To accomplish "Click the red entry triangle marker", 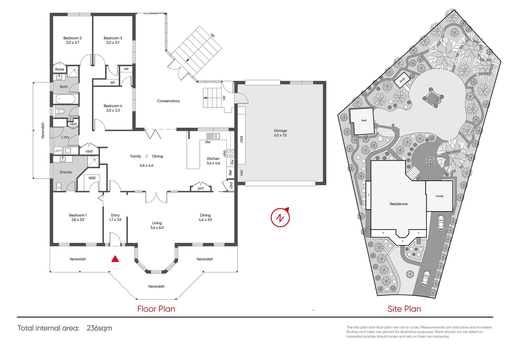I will pyautogui.click(x=115, y=259).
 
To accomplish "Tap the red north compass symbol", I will pyautogui.click(x=280, y=217).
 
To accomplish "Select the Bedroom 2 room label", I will pyautogui.click(x=72, y=38).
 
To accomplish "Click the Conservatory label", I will pyautogui.click(x=168, y=101).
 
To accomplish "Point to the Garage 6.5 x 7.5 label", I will pyautogui.click(x=280, y=133).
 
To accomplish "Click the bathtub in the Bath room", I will pyautogui.click(x=65, y=99).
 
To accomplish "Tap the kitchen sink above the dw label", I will pyautogui.click(x=213, y=136).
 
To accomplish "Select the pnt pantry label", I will pyautogui.click(x=201, y=188).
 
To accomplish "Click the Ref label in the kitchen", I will pyautogui.click(x=230, y=173).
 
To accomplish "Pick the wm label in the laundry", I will pyautogui.click(x=58, y=151).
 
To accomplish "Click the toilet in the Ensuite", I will pyautogui.click(x=59, y=185).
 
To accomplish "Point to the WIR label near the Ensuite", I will pyautogui.click(x=92, y=178).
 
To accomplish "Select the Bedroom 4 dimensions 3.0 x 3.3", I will pyautogui.click(x=113, y=110).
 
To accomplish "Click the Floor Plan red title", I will pyautogui.click(x=156, y=309).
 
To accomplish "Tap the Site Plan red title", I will pyautogui.click(x=404, y=309).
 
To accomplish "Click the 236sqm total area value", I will pyautogui.click(x=99, y=328).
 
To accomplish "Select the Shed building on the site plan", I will pyautogui.click(x=362, y=121).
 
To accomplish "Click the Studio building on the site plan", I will pyautogui.click(x=402, y=80).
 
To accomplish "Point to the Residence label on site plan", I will pyautogui.click(x=398, y=204).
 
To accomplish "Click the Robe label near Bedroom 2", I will pyautogui.click(x=59, y=69).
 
